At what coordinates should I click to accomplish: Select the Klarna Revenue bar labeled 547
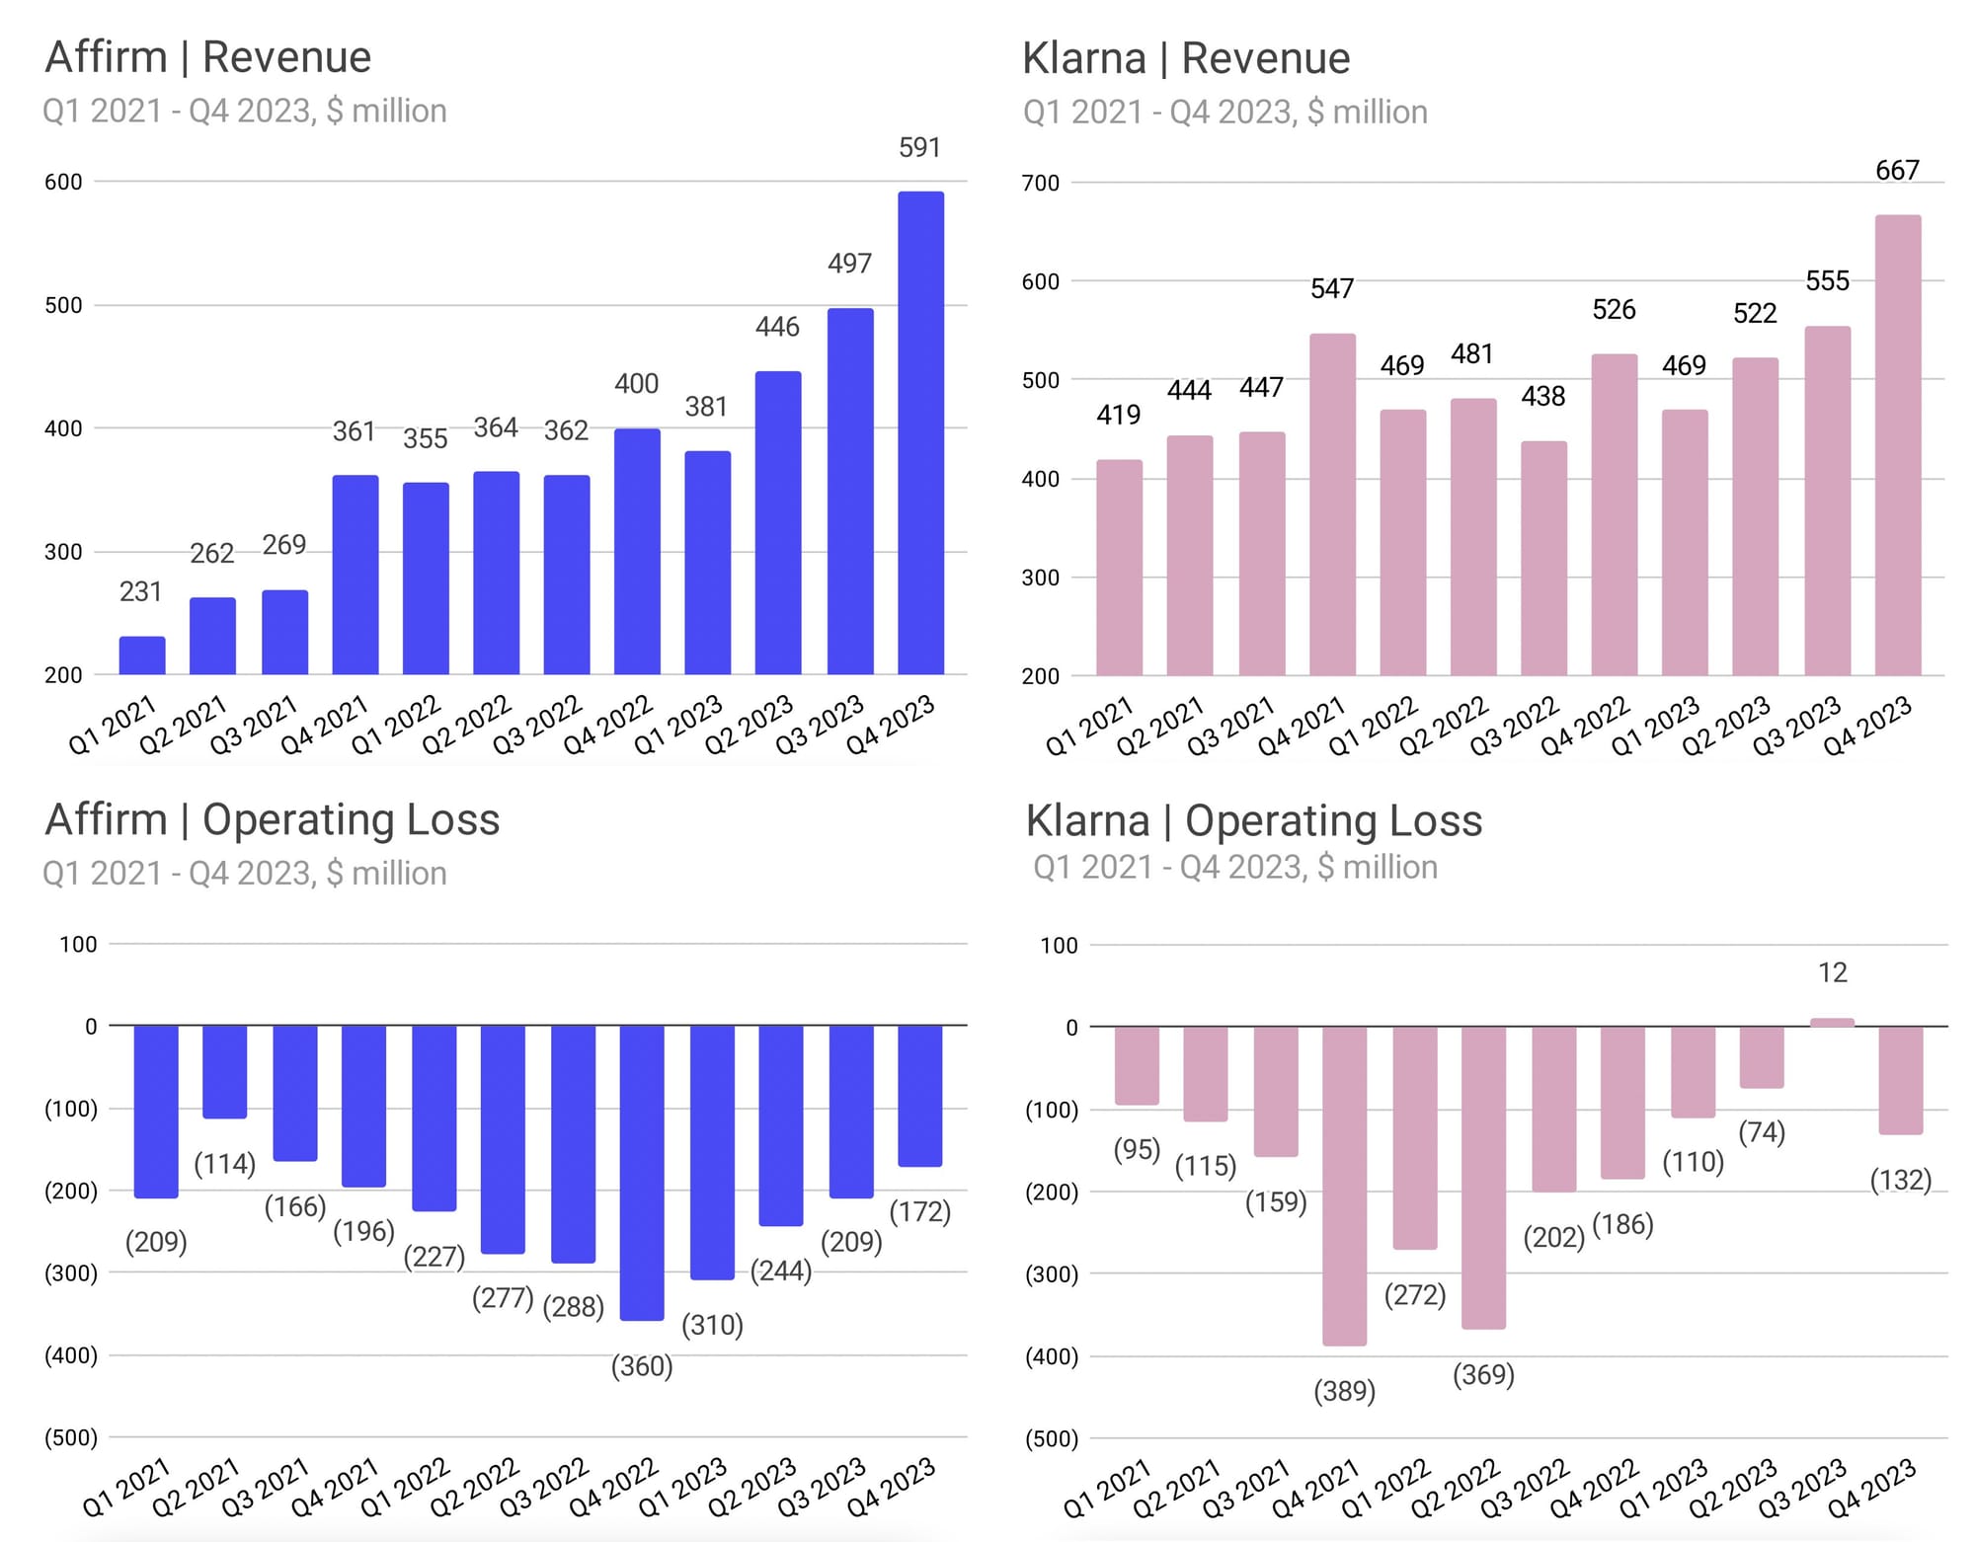point(1332,503)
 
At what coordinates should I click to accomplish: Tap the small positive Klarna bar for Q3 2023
point(1832,1023)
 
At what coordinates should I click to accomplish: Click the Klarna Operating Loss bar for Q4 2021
point(1344,1185)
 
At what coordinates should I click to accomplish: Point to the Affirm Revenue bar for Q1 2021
point(142,655)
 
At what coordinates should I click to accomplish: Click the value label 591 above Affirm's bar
point(919,148)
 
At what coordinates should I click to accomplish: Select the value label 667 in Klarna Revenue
point(1897,171)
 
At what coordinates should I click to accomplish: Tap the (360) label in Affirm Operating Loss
point(642,1366)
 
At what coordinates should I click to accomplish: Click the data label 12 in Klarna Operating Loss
point(1832,973)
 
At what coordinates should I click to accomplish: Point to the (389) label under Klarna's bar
point(1344,1391)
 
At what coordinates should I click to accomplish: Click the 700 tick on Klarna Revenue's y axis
point(1040,183)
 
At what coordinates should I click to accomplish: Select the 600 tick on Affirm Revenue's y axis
point(63,182)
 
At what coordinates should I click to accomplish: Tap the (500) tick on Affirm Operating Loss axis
point(70,1437)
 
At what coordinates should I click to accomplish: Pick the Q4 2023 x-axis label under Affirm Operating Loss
point(891,1486)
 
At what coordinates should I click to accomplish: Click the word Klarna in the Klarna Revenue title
point(1083,58)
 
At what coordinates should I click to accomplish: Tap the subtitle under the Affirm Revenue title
point(244,111)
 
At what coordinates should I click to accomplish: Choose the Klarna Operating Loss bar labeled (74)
point(1762,1056)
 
